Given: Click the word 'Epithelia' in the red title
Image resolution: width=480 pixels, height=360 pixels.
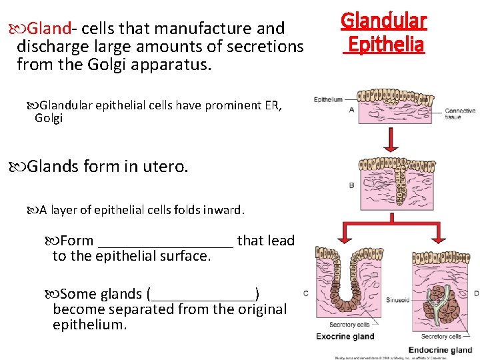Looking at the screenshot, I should pyautogui.click(x=385, y=45).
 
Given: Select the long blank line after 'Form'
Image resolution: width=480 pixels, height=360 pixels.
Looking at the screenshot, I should pyautogui.click(x=165, y=241).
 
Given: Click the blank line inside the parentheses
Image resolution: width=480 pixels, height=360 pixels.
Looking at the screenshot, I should pyautogui.click(x=203, y=294).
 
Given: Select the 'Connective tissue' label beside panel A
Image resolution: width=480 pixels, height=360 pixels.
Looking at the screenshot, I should pyautogui.click(x=460, y=114).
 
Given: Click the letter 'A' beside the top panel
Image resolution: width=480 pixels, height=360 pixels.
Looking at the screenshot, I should pyautogui.click(x=351, y=109).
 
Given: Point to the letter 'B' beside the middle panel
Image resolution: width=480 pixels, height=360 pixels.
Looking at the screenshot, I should pyautogui.click(x=351, y=185).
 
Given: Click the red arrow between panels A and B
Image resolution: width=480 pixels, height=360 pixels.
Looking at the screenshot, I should pyautogui.click(x=391, y=140).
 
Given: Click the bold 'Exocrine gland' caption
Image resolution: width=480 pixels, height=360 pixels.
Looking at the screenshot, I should pyautogui.click(x=345, y=336).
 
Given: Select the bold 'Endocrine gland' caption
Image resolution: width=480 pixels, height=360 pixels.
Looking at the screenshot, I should pyautogui.click(x=440, y=350).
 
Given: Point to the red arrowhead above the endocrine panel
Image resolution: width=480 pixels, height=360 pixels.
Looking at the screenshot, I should pyautogui.click(x=440, y=240).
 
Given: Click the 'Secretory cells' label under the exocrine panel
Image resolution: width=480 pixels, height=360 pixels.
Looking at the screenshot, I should pyautogui.click(x=345, y=325).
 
